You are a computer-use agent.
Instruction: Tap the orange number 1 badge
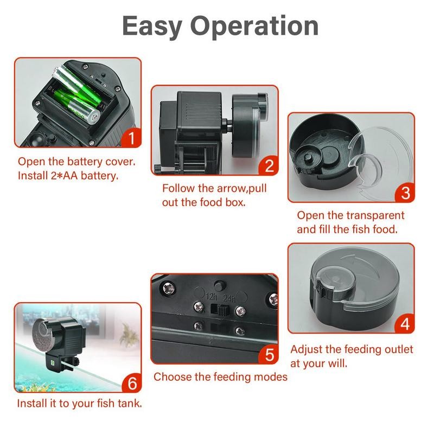[131, 138]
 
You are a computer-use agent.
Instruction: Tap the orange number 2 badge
[269, 165]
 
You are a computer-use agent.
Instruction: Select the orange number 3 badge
[405, 193]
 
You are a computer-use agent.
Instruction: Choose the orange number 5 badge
[269, 355]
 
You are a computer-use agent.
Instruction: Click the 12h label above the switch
[212, 296]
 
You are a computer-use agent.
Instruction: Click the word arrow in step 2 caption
[235, 188]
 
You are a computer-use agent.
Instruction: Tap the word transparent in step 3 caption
[375, 215]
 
